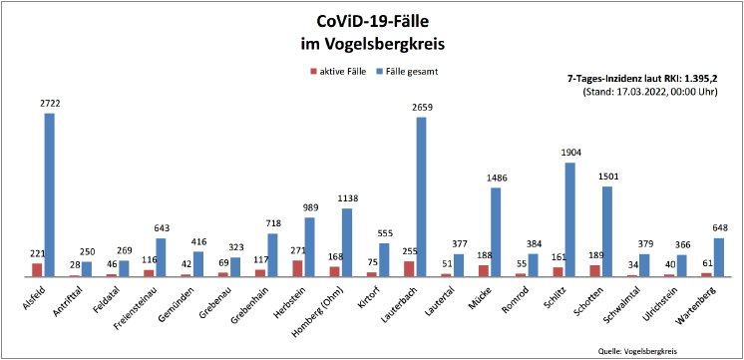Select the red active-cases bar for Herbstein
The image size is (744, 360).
[297, 268]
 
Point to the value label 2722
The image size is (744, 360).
[50, 104]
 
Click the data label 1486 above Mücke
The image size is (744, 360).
[496, 178]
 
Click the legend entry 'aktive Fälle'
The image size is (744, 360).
[345, 72]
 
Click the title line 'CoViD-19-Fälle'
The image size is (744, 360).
[372, 23]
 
